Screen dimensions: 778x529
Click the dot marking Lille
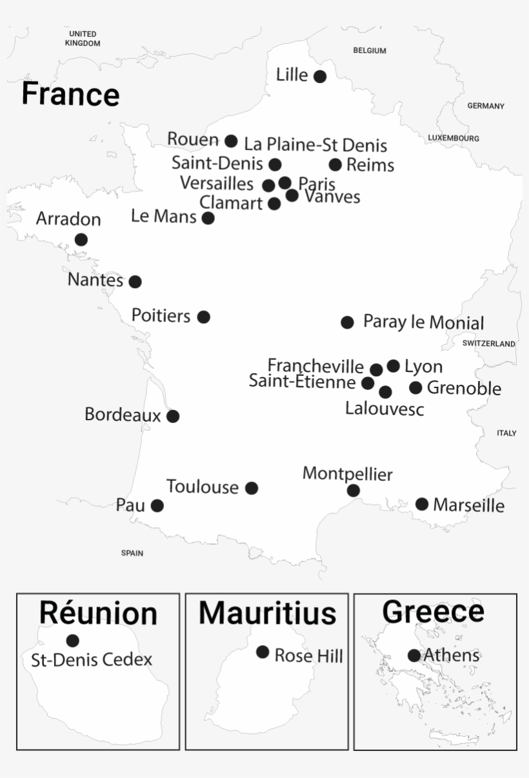pyautogui.click(x=319, y=77)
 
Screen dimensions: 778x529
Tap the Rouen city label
pyautogui.click(x=193, y=139)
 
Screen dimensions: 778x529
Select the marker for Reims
pyautogui.click(x=335, y=165)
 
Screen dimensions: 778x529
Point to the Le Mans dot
pyautogui.click(x=208, y=218)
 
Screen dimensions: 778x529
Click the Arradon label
pyautogui.click(x=68, y=219)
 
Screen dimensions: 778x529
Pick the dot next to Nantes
pyautogui.click(x=135, y=282)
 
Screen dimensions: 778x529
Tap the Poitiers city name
pyautogui.click(x=161, y=316)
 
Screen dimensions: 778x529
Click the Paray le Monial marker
pyautogui.click(x=347, y=322)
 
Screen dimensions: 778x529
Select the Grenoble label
pyautogui.click(x=464, y=388)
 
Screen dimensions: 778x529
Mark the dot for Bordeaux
pyautogui.click(x=173, y=416)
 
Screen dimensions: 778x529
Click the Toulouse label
pyautogui.click(x=203, y=487)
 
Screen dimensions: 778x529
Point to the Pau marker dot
pyautogui.click(x=157, y=505)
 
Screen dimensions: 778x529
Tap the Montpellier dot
pyautogui.click(x=354, y=491)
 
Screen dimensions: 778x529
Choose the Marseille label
pyautogui.click(x=468, y=505)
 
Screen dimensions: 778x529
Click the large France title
pyautogui.click(x=70, y=93)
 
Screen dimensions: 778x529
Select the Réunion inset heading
pyautogui.click(x=98, y=612)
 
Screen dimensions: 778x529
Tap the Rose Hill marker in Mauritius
pyautogui.click(x=263, y=652)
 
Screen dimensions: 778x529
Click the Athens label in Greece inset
pyautogui.click(x=452, y=656)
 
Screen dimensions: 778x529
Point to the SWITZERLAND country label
pyautogui.click(x=489, y=344)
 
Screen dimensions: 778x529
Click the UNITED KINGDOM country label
pyautogui.click(x=83, y=39)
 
